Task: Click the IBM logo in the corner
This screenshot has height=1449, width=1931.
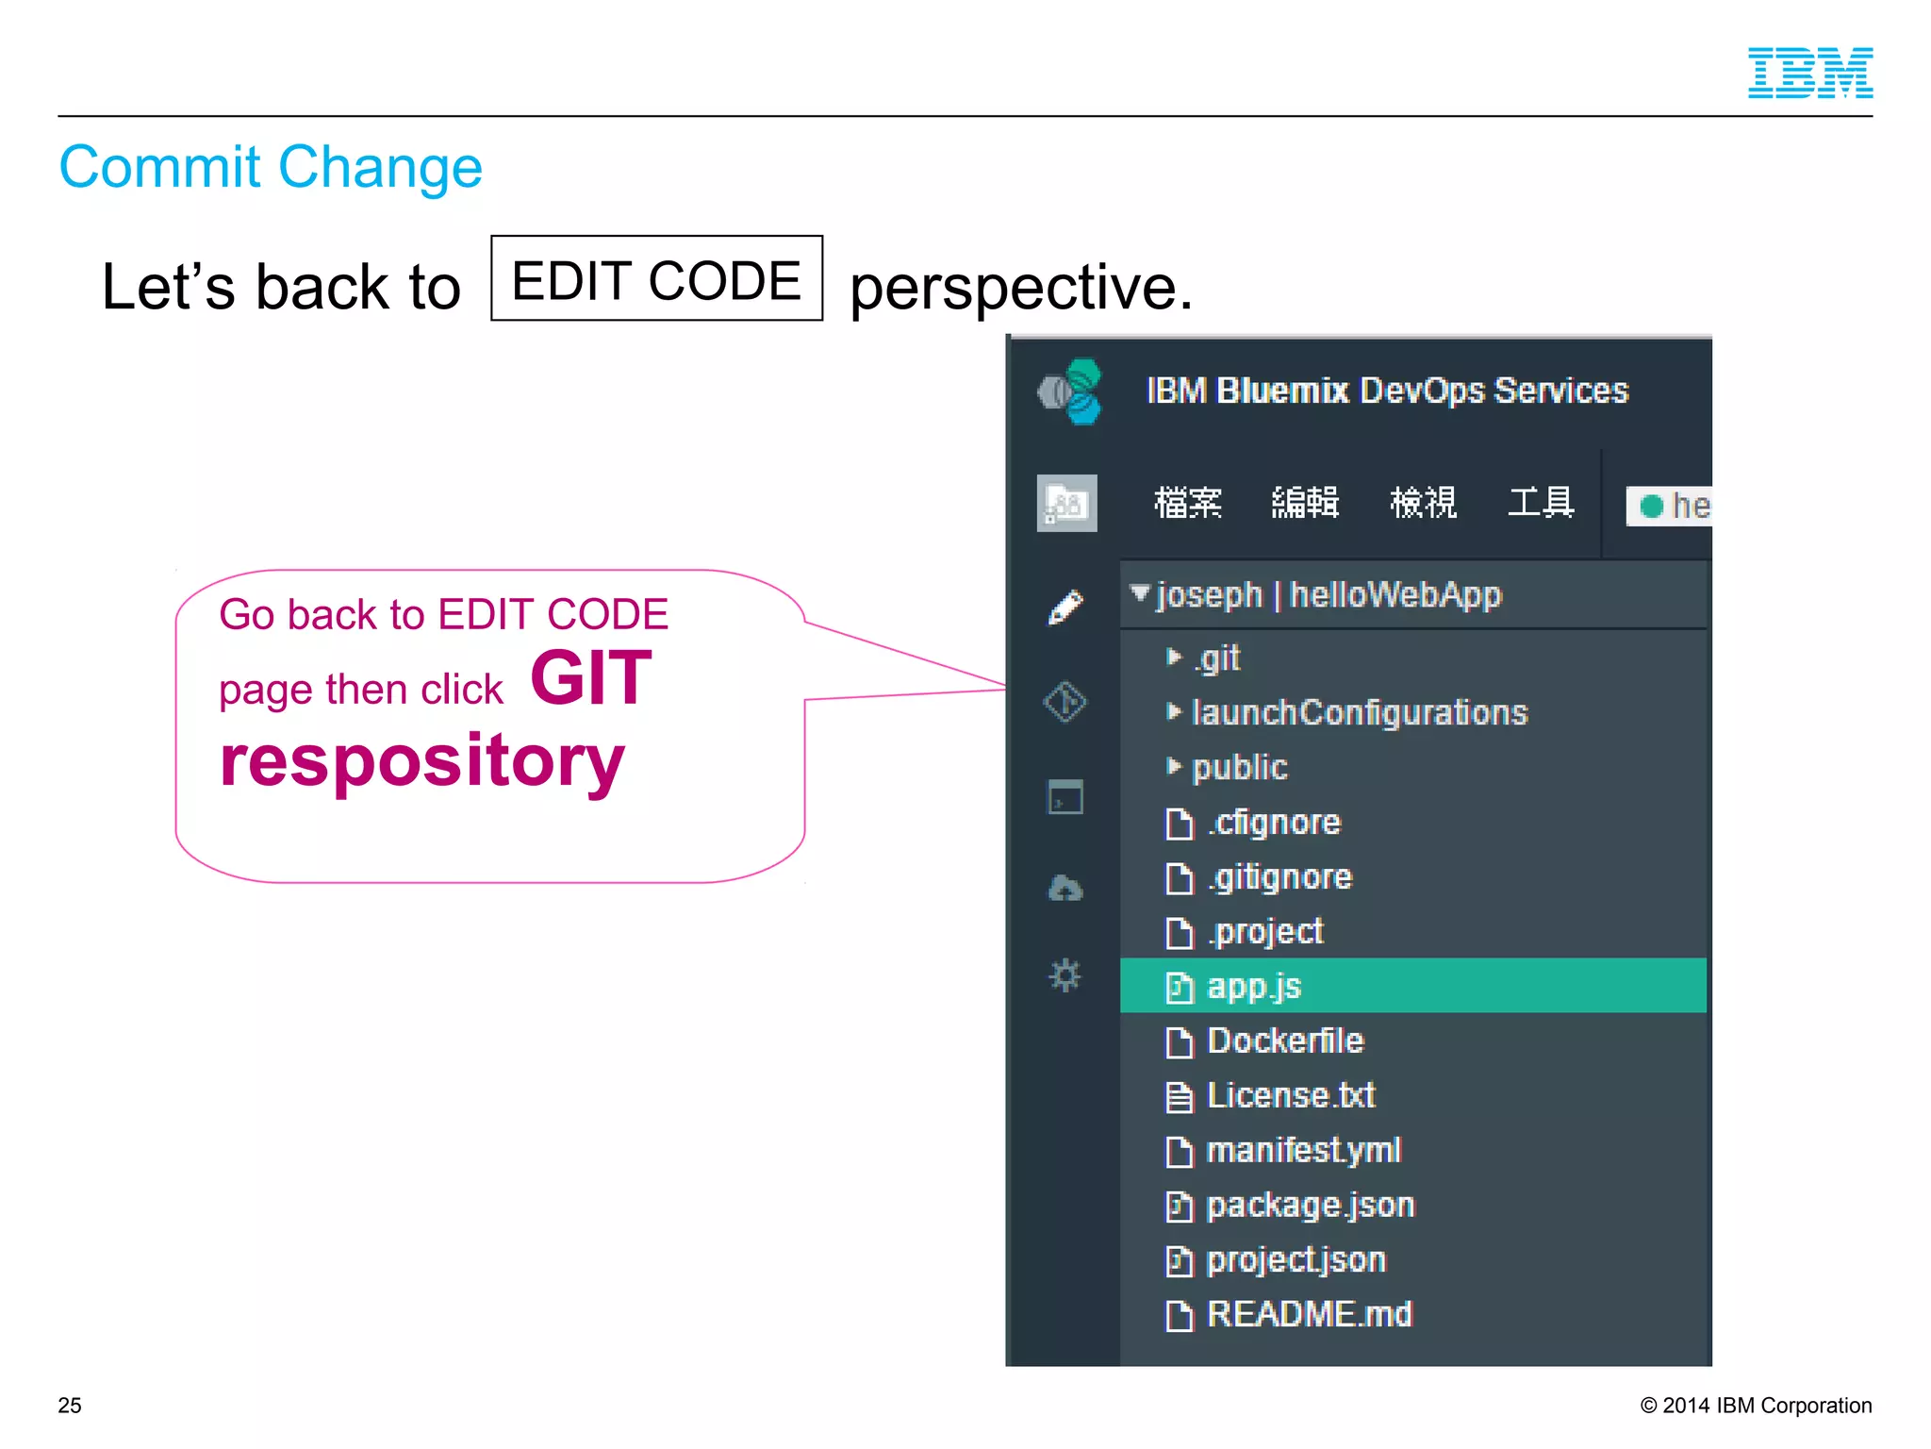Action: (x=1809, y=73)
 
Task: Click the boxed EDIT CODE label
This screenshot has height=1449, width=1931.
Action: (x=656, y=279)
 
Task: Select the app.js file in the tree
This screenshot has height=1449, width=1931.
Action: (x=1253, y=986)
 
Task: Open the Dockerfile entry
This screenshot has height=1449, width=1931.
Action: (x=1284, y=1041)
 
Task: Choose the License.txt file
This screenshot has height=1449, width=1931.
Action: (x=1290, y=1095)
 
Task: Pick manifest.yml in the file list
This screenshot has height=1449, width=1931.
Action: (x=1303, y=1150)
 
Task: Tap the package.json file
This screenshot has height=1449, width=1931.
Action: (x=1310, y=1205)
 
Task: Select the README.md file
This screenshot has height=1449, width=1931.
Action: (x=1309, y=1314)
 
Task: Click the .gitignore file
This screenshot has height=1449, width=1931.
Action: (x=1279, y=877)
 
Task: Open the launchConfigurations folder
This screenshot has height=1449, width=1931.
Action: (x=1359, y=712)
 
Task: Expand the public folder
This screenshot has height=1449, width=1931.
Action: (x=1239, y=767)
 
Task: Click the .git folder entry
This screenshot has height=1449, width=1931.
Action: (x=1217, y=658)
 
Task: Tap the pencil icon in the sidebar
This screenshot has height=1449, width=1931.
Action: (x=1065, y=608)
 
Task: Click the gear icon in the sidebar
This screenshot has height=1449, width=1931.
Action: (x=1065, y=974)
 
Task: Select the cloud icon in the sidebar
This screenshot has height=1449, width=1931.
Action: (x=1065, y=888)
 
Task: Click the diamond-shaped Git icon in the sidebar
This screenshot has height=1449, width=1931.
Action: (x=1065, y=702)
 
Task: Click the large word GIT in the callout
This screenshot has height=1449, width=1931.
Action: (x=591, y=677)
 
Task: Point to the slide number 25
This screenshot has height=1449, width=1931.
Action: (x=70, y=1405)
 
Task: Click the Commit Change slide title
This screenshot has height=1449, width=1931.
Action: (x=271, y=167)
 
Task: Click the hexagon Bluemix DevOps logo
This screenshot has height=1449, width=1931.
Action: (x=1072, y=391)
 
